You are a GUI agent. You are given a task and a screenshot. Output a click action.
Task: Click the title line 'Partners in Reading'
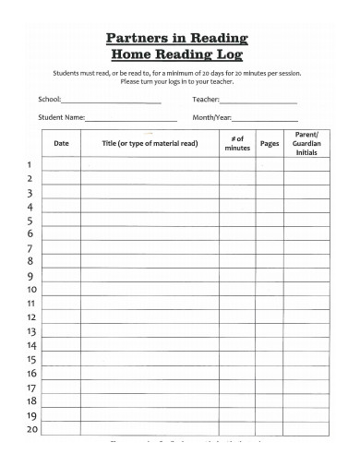tap(177, 38)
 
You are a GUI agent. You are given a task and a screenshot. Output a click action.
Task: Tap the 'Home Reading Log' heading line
tap(176, 54)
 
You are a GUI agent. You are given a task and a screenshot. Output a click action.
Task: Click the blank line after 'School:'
tap(110, 101)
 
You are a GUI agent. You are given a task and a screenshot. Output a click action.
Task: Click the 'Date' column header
tap(61, 143)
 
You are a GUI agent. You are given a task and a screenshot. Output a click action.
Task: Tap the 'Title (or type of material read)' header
tap(150, 143)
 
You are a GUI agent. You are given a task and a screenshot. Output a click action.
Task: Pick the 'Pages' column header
tap(270, 143)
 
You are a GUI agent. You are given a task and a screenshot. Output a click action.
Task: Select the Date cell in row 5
tap(61, 221)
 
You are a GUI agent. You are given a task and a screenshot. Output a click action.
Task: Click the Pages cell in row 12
tap(270, 317)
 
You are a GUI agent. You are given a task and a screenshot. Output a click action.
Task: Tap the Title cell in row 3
tap(150, 193)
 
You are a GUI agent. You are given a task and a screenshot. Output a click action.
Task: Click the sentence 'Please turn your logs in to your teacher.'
tap(176, 81)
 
